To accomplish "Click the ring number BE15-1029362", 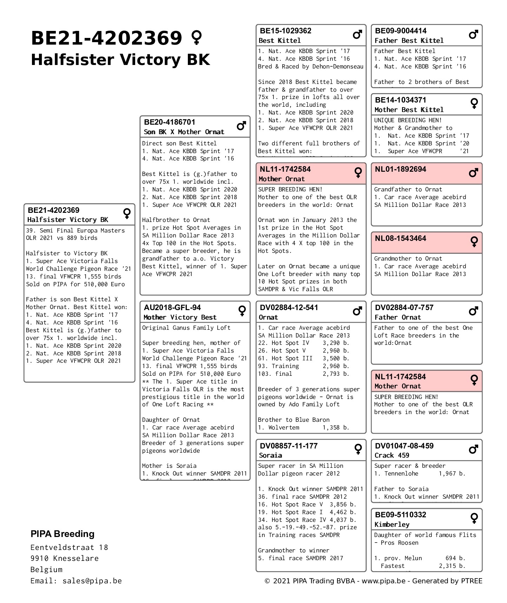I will point(285,31).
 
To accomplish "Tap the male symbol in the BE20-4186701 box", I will point(241,126).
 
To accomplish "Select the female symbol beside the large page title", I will point(196,38).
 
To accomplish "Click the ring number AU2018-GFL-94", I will point(172,308).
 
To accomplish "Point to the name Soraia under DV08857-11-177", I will point(270,455).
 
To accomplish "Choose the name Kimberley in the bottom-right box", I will point(392,525).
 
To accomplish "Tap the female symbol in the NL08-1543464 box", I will point(474,241).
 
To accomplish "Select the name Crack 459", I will point(392,455).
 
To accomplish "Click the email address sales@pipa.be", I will point(92,581).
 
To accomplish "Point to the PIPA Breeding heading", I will point(62,534).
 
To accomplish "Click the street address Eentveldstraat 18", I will point(69,548).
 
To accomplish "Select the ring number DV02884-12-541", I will point(289,308).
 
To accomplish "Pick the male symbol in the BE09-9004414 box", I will point(474,34).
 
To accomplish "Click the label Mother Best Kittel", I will point(409,110).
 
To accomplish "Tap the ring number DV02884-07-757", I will point(404,308).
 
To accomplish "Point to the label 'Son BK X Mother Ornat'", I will point(184,132).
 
